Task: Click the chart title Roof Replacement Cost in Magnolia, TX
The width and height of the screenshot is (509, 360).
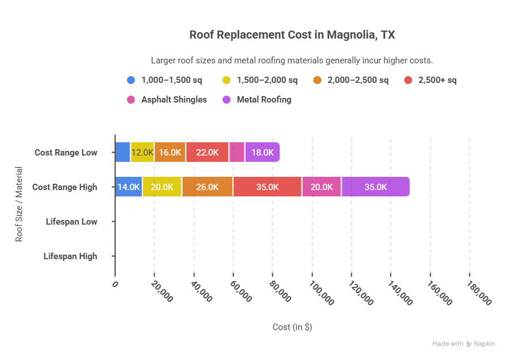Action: click(292, 35)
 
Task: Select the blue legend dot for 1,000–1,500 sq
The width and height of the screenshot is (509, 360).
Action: click(131, 80)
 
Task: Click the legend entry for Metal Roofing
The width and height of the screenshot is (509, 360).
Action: click(263, 100)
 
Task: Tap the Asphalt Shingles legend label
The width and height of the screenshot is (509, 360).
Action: click(174, 100)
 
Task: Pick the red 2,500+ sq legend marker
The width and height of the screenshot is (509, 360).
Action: click(408, 80)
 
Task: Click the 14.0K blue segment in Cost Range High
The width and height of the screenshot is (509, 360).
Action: click(129, 187)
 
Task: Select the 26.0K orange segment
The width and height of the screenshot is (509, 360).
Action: click(207, 187)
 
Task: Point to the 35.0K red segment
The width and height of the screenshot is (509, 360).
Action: click(267, 187)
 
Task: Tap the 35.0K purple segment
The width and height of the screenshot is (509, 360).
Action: click(375, 187)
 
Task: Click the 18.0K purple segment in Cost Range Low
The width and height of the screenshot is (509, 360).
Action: click(262, 153)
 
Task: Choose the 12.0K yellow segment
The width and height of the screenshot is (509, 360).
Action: click(142, 153)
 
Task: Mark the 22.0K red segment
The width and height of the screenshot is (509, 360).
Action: click(207, 153)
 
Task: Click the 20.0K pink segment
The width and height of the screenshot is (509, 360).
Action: click(321, 187)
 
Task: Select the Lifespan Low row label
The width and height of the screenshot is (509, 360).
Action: click(71, 222)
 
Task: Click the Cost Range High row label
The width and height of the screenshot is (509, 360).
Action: click(65, 187)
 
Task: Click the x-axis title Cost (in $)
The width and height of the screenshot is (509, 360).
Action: click(292, 327)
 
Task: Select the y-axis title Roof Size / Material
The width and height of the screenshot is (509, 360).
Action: click(19, 204)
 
